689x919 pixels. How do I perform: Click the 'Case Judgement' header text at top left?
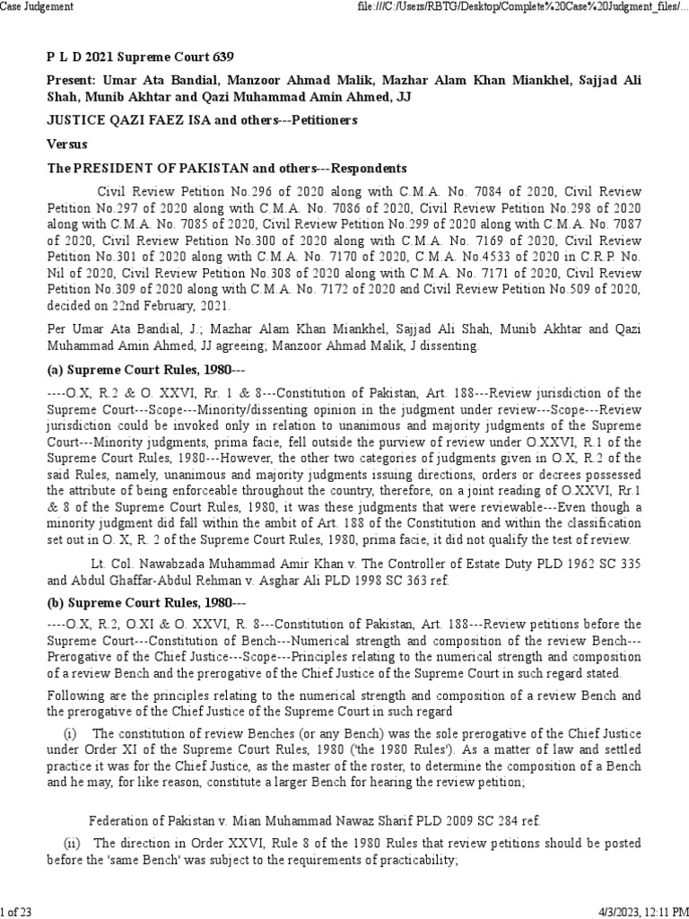point(37,7)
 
